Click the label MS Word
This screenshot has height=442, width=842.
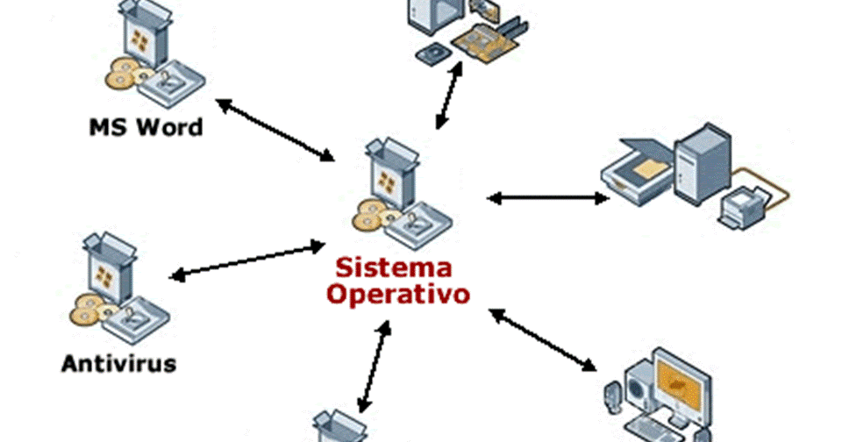[146, 127]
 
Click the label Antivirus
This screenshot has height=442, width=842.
[118, 362]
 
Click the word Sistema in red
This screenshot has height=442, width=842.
[395, 266]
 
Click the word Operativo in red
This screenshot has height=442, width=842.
[398, 293]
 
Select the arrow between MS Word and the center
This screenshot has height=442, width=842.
[275, 131]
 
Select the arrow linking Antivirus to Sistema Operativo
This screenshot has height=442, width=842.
[247, 262]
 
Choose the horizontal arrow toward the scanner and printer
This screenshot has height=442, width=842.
[547, 198]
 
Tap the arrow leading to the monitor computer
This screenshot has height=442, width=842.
[544, 339]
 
